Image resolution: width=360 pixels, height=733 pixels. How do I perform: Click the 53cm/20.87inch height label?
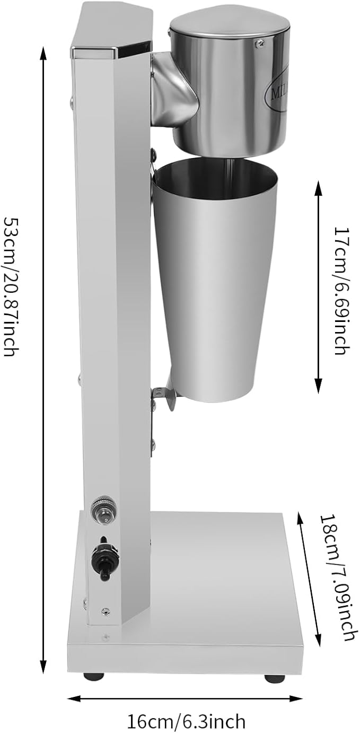point(11,286)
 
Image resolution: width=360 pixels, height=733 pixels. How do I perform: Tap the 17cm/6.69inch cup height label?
point(342,291)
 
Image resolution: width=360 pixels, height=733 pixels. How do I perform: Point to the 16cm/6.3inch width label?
point(186,721)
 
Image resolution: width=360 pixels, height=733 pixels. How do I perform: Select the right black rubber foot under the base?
point(274,678)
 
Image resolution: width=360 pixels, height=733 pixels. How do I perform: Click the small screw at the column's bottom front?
point(106,611)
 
